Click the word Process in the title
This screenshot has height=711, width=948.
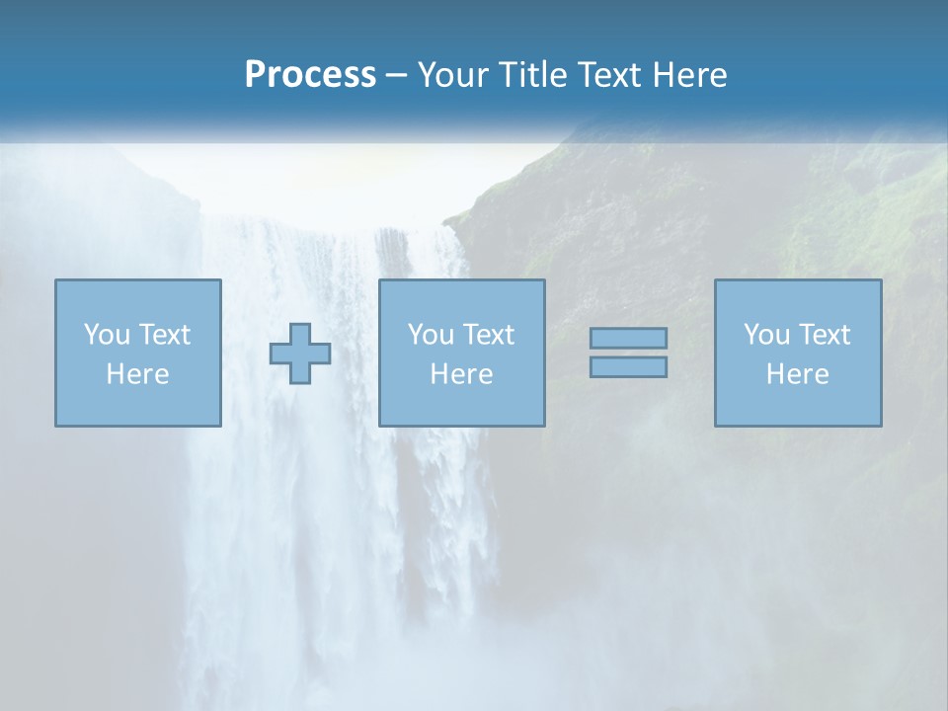310,75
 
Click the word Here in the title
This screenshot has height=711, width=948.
689,75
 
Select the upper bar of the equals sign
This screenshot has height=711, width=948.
628,339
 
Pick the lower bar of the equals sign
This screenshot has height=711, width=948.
628,367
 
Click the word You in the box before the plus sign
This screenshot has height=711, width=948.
107,335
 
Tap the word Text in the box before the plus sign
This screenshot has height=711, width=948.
164,335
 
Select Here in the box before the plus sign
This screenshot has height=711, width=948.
137,374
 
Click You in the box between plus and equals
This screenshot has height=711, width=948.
431,335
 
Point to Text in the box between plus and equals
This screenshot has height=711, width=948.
488,335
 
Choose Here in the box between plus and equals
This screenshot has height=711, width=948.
461,374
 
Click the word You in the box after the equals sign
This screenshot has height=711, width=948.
766,335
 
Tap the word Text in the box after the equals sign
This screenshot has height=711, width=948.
824,335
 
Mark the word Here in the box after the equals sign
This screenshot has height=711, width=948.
797,374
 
